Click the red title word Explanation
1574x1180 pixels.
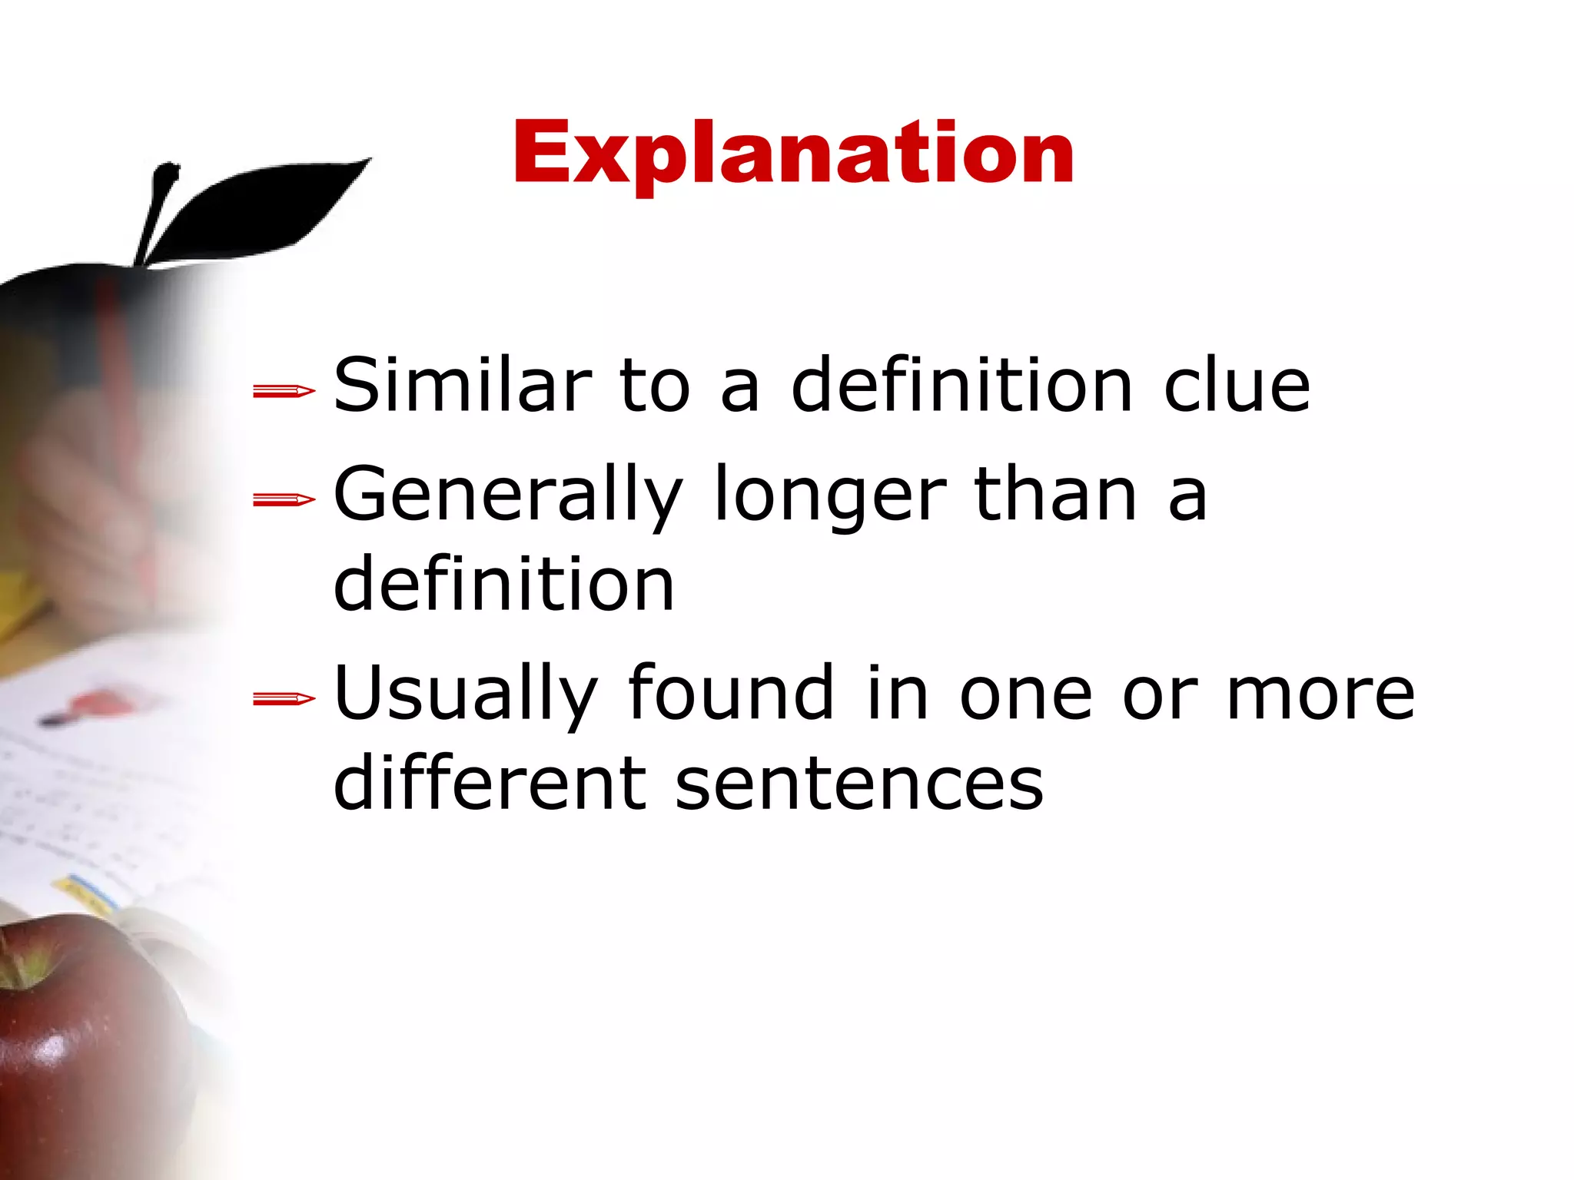[x=793, y=154]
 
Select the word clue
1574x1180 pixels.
[x=1237, y=385]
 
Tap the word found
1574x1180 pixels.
[x=731, y=693]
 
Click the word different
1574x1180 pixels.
[x=490, y=783]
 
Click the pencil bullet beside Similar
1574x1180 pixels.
[x=284, y=392]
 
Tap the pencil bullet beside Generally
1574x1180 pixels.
[x=284, y=501]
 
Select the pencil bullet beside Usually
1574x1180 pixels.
[x=284, y=699]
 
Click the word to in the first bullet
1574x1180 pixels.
[x=654, y=385]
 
